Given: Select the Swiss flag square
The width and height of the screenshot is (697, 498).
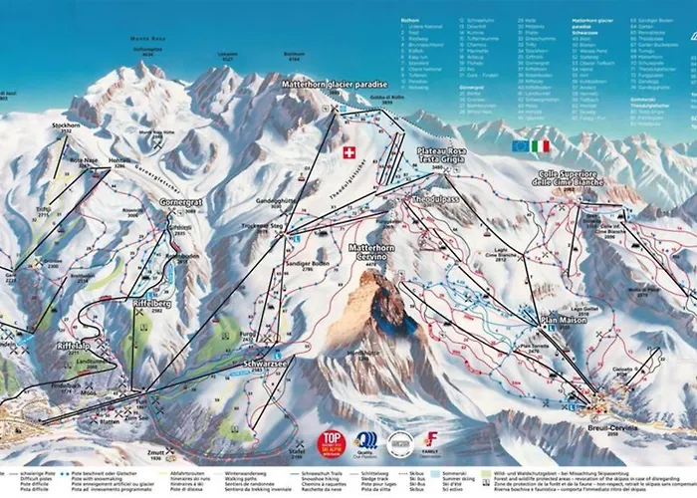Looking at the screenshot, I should (x=348, y=152).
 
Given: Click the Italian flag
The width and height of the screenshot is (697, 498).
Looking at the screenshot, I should (x=540, y=145).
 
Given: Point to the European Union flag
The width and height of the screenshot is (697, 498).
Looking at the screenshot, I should (x=520, y=145).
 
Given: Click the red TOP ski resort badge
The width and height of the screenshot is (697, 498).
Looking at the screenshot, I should (x=331, y=440).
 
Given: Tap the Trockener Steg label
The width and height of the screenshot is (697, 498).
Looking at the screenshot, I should (x=264, y=227).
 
